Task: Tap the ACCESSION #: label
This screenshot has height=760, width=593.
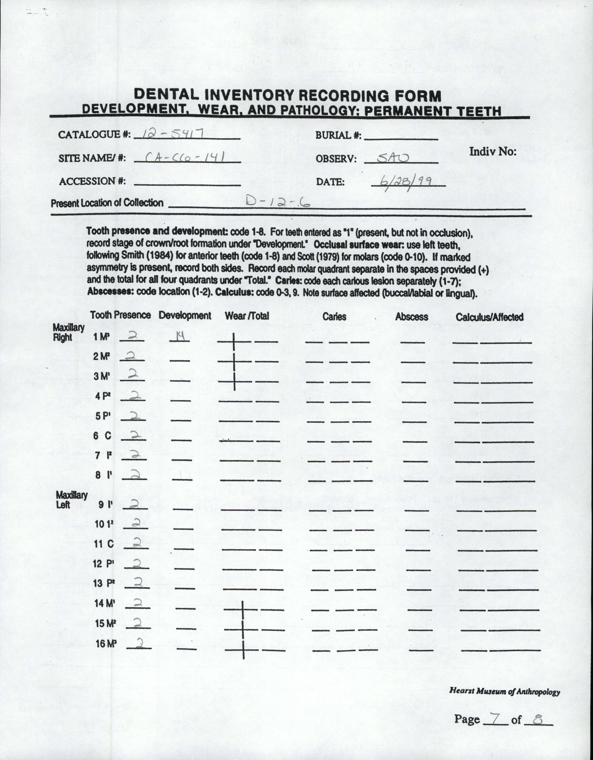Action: (92, 181)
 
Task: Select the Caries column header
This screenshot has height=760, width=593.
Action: (334, 316)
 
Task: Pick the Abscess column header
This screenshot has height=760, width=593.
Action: (412, 317)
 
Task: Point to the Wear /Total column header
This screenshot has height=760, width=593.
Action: (247, 316)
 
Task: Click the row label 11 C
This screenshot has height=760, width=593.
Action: (104, 544)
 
